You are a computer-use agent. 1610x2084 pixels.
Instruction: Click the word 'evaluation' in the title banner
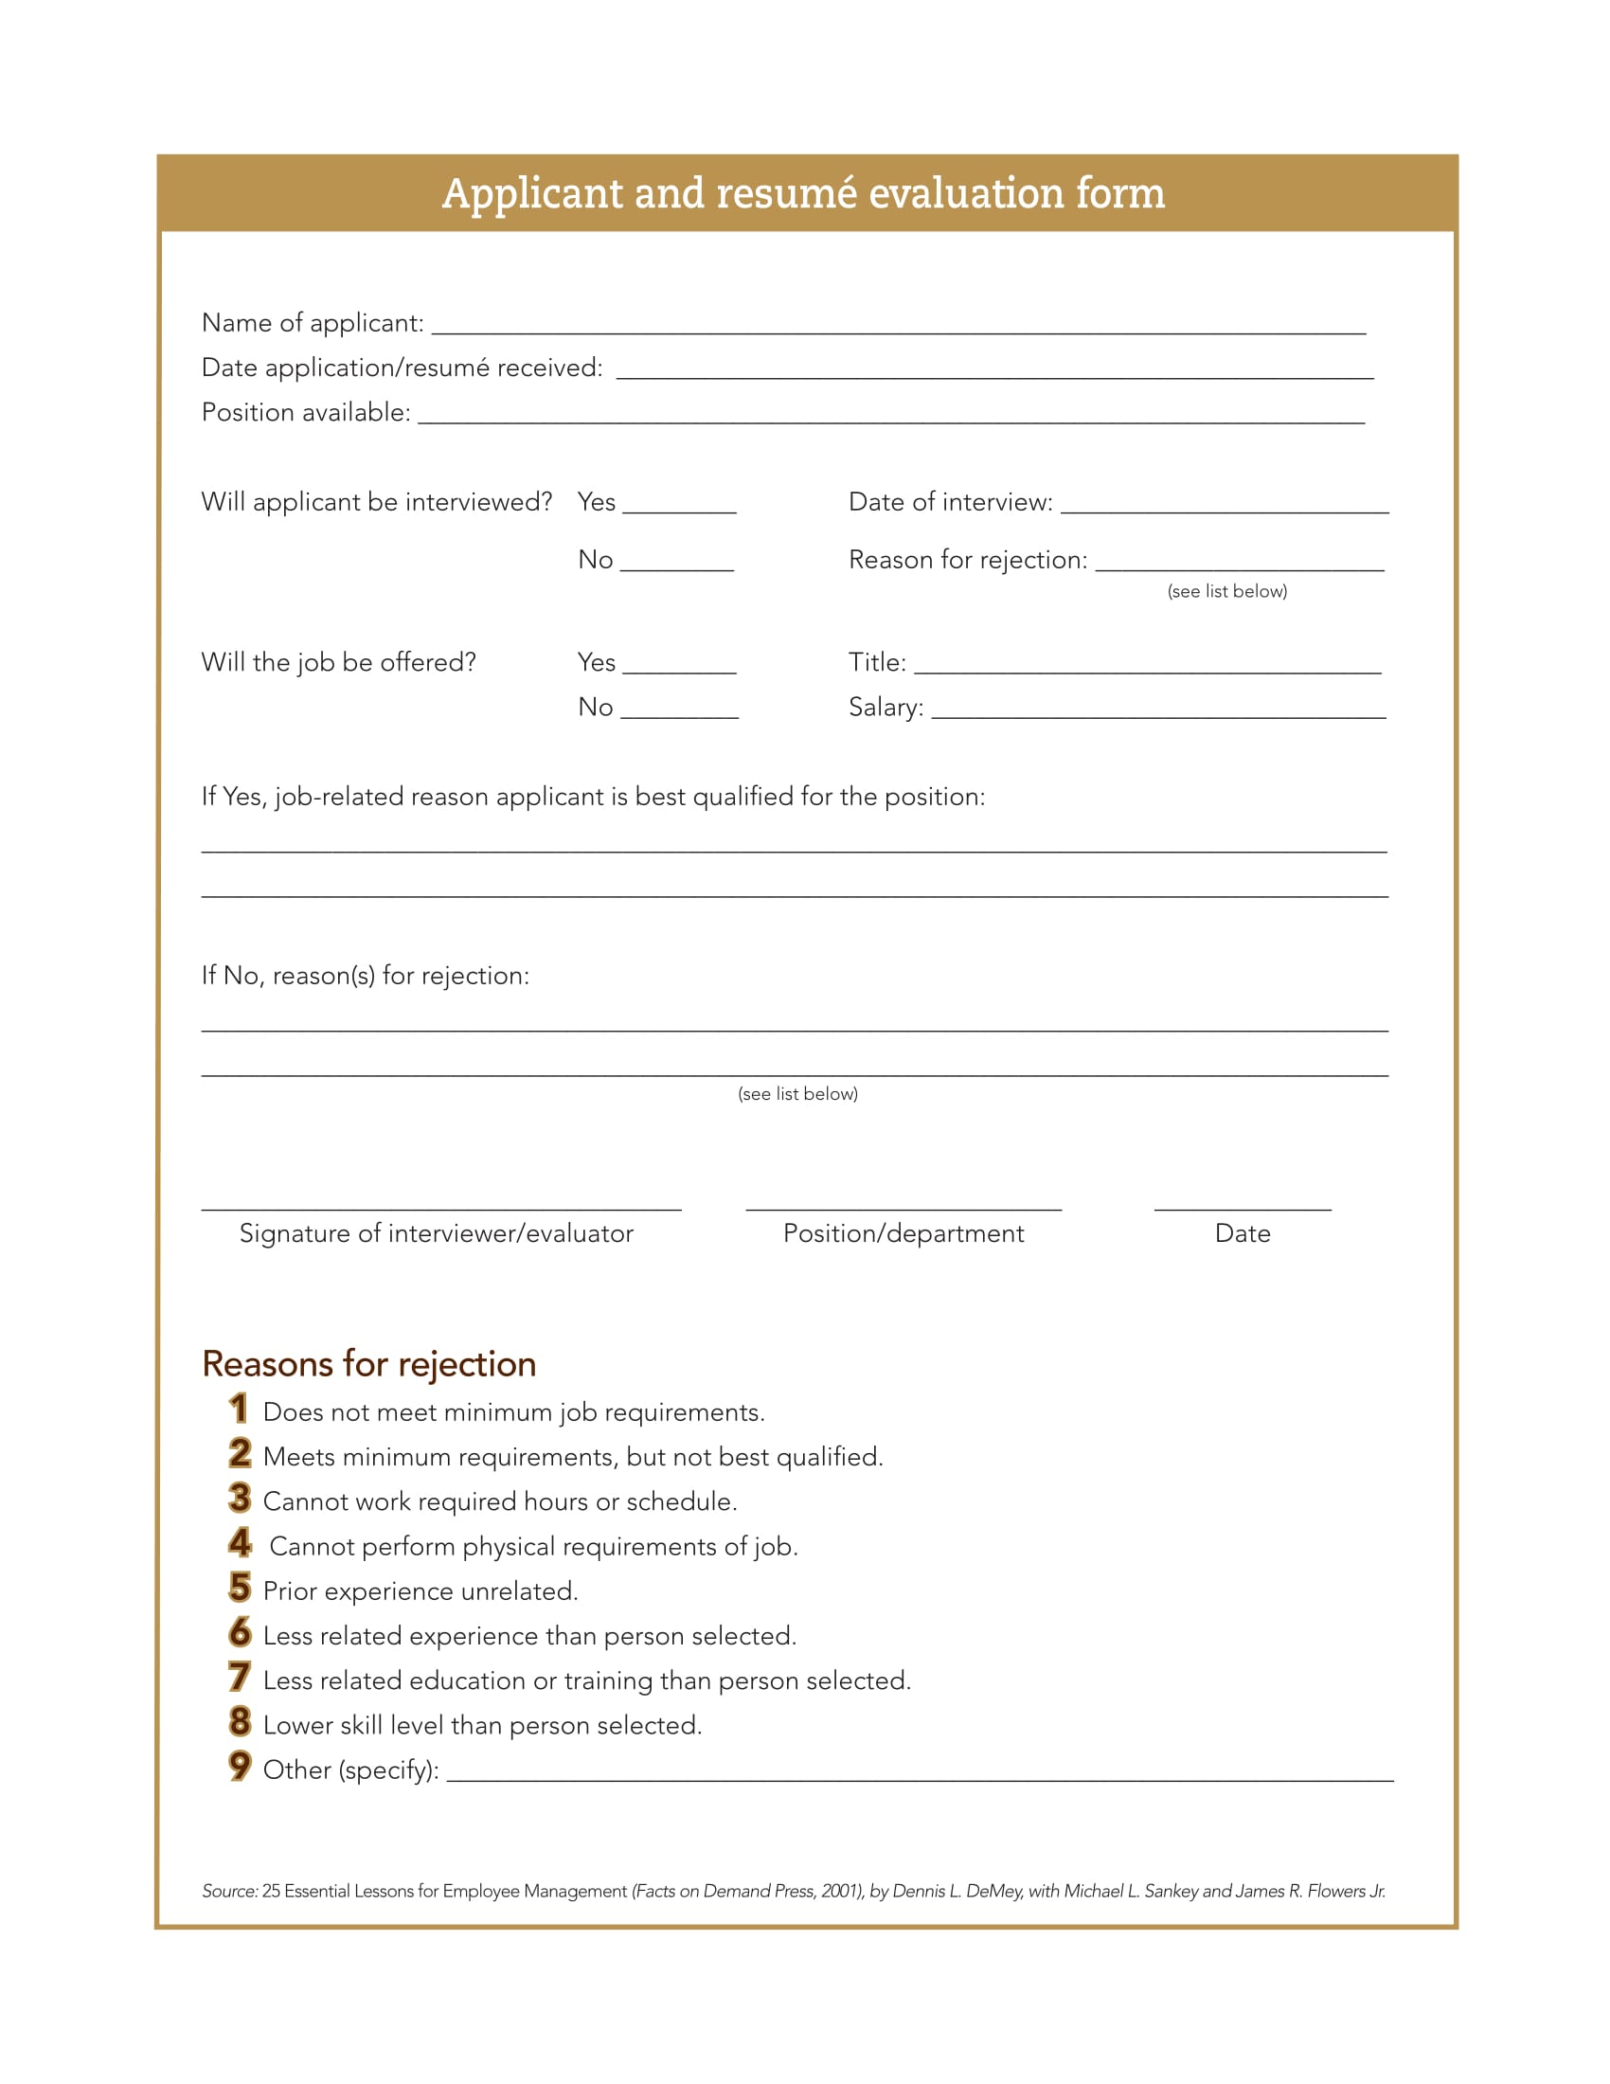(965, 193)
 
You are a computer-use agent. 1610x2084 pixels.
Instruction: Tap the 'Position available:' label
(306, 412)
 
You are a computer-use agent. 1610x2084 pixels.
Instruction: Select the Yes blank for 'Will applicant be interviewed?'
(679, 507)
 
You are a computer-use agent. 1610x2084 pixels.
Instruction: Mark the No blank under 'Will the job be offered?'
(679, 711)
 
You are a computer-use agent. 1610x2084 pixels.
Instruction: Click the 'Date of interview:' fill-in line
(1224, 507)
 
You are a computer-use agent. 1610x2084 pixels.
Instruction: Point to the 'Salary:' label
(885, 707)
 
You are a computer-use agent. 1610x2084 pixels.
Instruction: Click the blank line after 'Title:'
(1147, 667)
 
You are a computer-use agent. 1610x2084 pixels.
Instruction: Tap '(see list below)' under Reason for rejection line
(1226, 592)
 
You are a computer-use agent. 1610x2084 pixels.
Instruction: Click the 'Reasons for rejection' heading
(369, 1364)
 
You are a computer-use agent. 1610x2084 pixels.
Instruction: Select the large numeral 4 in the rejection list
(240, 1543)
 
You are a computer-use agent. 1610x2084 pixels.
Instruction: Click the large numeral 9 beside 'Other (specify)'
(240, 1767)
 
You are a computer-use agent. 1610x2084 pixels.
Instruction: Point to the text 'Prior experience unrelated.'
(420, 1591)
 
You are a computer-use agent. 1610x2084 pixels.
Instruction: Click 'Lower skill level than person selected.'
(482, 1725)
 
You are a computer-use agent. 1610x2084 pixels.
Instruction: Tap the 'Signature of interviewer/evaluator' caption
(436, 1233)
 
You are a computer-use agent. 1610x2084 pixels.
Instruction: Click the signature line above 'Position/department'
(903, 1208)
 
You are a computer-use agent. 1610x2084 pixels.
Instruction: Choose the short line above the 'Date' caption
(1242, 1208)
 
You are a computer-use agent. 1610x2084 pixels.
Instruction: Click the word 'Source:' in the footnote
(230, 1892)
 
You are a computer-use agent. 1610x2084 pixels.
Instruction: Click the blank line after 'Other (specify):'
(920, 1776)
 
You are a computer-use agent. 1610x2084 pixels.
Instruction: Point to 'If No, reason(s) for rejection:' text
(366, 975)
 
